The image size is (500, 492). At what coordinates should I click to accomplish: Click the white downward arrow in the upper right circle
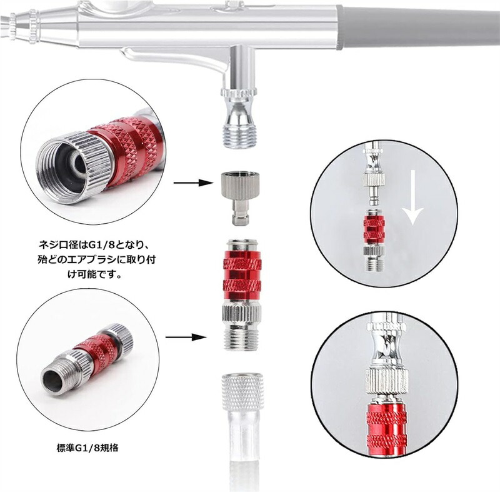(412, 198)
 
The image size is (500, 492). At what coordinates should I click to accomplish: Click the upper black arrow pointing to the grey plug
(193, 183)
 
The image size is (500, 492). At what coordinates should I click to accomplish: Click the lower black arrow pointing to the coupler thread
(185, 337)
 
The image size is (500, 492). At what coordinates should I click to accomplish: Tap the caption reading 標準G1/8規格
(87, 448)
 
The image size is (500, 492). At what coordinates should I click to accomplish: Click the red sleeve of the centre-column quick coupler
(242, 275)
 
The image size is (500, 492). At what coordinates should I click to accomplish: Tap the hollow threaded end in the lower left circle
(52, 381)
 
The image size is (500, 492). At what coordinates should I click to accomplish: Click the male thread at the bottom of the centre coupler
(242, 339)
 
